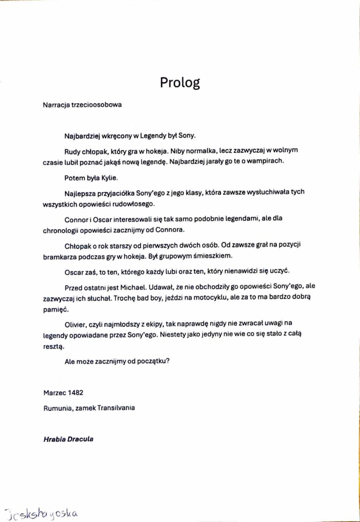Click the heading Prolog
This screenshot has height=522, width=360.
tap(180, 83)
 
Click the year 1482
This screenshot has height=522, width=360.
tap(75, 392)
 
